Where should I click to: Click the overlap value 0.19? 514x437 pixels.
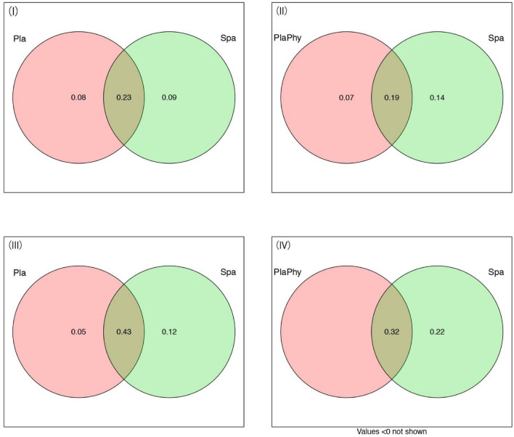(x=392, y=97)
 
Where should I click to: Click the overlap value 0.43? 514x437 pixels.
(x=123, y=311)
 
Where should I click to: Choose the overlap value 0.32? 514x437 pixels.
(x=392, y=311)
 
